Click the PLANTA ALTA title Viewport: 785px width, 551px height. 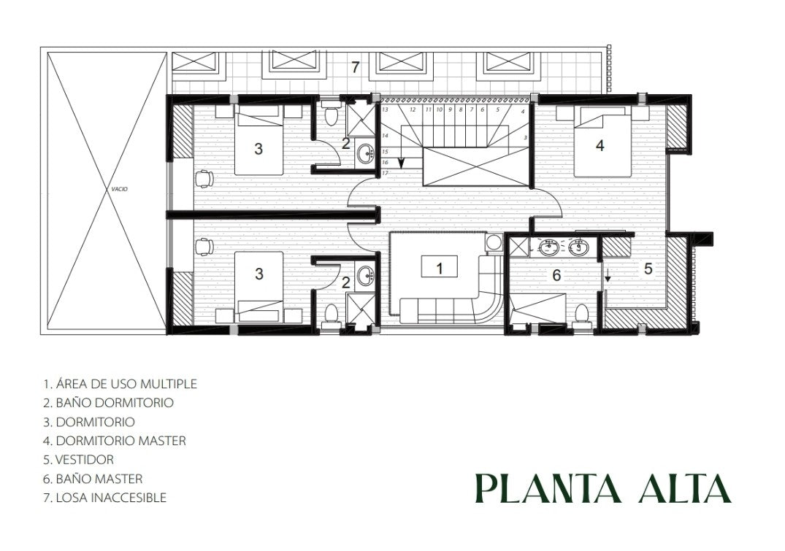[602, 488]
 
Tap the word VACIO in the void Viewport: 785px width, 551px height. [119, 189]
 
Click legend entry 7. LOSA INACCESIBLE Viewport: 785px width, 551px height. [104, 498]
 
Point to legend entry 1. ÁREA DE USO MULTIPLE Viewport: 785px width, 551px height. [120, 384]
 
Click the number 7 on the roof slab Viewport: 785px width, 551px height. [355, 68]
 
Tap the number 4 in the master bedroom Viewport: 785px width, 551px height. [600, 145]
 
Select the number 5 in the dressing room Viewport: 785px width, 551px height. [648, 269]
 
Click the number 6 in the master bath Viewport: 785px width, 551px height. [556, 274]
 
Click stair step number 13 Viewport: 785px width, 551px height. [385, 109]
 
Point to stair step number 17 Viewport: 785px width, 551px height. [385, 173]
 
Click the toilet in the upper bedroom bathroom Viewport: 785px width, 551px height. [330, 115]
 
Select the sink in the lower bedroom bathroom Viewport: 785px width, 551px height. [366, 275]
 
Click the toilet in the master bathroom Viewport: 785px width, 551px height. [581, 315]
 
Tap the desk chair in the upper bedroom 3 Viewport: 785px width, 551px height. [204, 178]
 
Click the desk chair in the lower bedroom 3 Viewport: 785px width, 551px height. [204, 247]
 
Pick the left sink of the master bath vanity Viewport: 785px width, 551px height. [551, 247]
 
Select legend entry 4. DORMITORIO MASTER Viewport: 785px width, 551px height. [115, 440]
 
